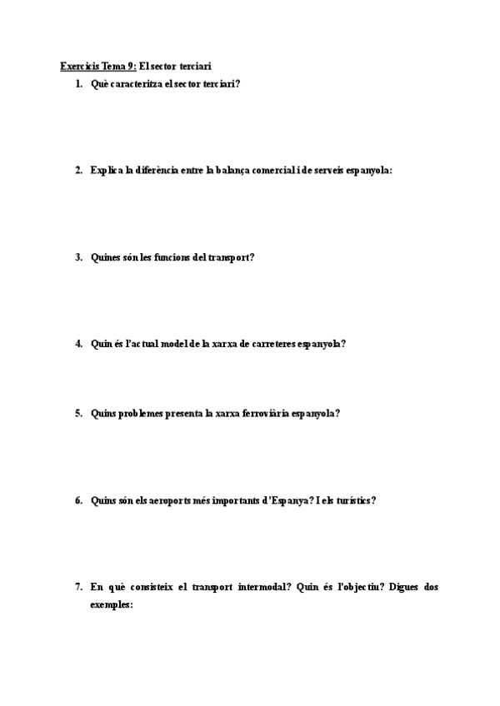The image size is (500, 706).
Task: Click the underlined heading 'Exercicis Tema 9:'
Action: point(98,65)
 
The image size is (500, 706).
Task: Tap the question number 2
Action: point(78,171)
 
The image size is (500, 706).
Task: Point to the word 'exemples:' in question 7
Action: point(112,605)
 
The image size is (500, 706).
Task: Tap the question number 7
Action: point(78,588)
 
